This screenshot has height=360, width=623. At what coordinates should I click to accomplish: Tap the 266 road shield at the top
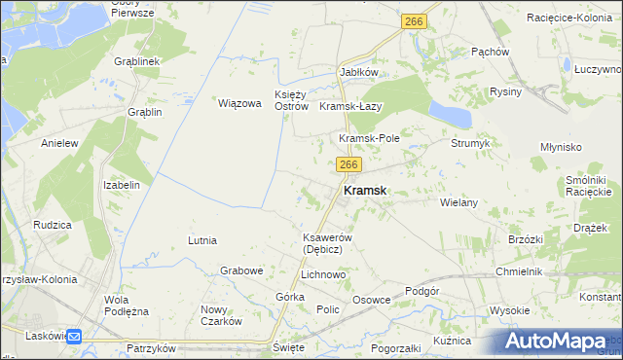pyautogui.click(x=414, y=20)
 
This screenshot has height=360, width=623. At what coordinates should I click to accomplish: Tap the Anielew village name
pyautogui.click(x=58, y=143)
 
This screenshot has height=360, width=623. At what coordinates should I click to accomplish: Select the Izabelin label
pyautogui.click(x=122, y=184)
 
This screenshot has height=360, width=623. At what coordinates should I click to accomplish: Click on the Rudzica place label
pyautogui.click(x=53, y=225)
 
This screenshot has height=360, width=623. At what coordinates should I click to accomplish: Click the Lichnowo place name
pyautogui.click(x=323, y=275)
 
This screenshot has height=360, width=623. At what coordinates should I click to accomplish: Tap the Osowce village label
pyautogui.click(x=371, y=301)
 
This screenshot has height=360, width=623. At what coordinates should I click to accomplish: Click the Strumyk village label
pyautogui.click(x=470, y=143)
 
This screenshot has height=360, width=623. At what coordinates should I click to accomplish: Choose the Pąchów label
pyautogui.click(x=490, y=52)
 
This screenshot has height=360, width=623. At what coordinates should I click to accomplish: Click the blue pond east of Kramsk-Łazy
pyautogui.click(x=448, y=113)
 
